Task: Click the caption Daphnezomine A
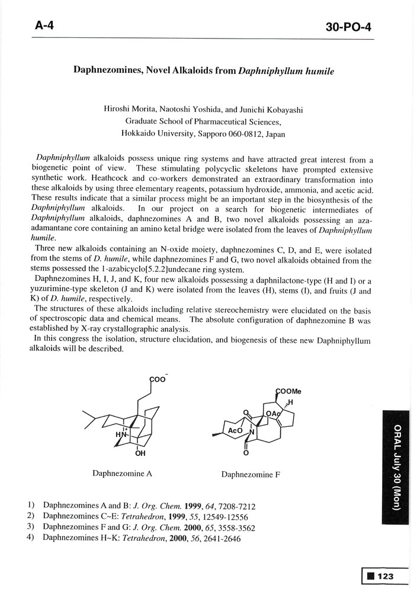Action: [x=123, y=474]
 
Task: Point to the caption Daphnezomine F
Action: [x=251, y=474]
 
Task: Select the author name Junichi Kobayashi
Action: [x=278, y=109]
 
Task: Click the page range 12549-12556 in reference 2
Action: [x=215, y=516]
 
